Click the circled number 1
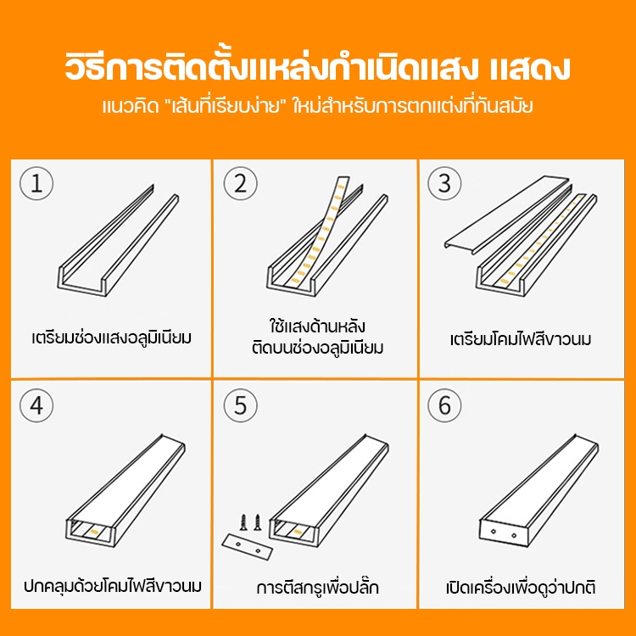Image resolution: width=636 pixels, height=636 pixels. click(x=36, y=183)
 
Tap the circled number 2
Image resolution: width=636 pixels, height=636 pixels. click(x=241, y=183)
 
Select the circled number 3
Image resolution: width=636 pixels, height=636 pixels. click(x=444, y=183)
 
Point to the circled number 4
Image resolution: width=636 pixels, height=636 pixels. click(x=36, y=405)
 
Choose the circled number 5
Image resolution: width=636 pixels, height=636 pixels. click(x=241, y=405)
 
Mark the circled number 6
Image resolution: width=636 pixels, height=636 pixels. click(x=444, y=405)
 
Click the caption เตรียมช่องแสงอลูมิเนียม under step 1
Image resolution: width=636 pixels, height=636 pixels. click(x=112, y=338)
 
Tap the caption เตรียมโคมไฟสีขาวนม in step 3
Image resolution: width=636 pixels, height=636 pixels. click(x=521, y=339)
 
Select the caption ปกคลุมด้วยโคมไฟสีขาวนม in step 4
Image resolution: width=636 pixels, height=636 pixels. click(x=112, y=585)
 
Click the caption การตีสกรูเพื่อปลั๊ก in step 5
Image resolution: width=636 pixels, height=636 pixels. click(x=318, y=587)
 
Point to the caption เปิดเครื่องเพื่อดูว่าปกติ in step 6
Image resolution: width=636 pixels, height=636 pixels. click(x=521, y=587)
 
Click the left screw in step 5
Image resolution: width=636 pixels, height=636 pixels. click(x=243, y=522)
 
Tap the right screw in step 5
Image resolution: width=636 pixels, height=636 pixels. click(x=257, y=522)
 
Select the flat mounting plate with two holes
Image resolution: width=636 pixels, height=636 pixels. click(x=248, y=547)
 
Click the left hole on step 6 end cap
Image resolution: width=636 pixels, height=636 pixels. click(x=494, y=532)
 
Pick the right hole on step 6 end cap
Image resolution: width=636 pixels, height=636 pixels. click(x=514, y=536)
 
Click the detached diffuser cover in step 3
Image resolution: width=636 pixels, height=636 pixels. click(x=507, y=215)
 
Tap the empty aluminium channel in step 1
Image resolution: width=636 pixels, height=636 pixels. click(x=118, y=241)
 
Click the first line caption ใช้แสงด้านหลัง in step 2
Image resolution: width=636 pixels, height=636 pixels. click(x=317, y=326)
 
